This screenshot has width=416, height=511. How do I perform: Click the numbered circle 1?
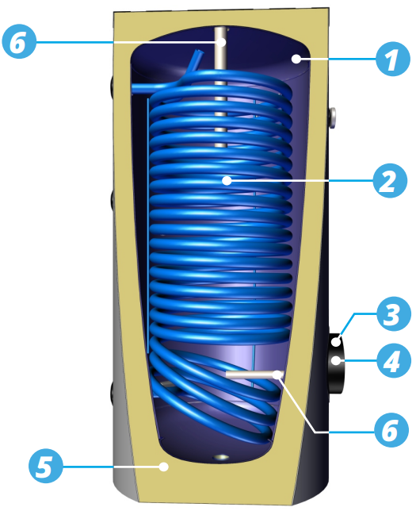(x=392, y=59)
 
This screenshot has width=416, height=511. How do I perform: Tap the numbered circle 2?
(x=390, y=181)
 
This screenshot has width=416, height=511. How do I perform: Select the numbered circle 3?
(x=394, y=314)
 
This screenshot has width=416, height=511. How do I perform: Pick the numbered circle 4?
(x=394, y=360)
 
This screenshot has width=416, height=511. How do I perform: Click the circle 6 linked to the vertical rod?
(x=19, y=41)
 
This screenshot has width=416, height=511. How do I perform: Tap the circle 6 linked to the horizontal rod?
(x=391, y=430)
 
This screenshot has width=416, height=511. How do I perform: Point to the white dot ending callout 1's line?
(x=296, y=59)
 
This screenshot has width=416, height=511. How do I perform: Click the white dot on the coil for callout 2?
(x=227, y=180)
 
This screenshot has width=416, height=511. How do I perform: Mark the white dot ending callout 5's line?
(x=164, y=467)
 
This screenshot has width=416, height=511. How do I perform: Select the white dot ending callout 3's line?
(x=336, y=342)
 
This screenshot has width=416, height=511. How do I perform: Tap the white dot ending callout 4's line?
(x=336, y=360)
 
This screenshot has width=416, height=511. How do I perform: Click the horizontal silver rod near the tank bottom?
(x=254, y=375)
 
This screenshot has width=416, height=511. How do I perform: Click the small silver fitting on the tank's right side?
(x=332, y=117)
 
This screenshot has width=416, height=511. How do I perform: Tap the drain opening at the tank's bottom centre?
(x=221, y=457)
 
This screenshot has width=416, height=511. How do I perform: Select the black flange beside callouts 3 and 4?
(x=335, y=363)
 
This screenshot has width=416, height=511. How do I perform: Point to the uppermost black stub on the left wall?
(x=112, y=86)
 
